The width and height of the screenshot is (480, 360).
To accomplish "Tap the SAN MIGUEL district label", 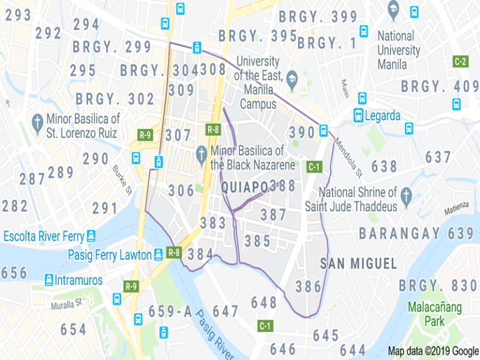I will tap(358, 264).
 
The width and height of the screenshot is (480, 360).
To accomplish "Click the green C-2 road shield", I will tap(460, 61).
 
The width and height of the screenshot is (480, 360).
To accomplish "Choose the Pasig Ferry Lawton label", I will tap(110, 255).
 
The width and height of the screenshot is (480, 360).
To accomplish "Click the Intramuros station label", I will tap(77, 280).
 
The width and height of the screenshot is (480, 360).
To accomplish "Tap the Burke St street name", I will tap(122, 179).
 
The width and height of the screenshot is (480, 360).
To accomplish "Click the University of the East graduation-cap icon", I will tap(292, 77).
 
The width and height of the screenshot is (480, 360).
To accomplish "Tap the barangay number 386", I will tap(308, 287).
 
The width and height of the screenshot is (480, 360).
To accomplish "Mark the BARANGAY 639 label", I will tap(416, 233).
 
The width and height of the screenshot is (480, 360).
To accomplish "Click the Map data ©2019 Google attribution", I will tap(432, 351).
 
